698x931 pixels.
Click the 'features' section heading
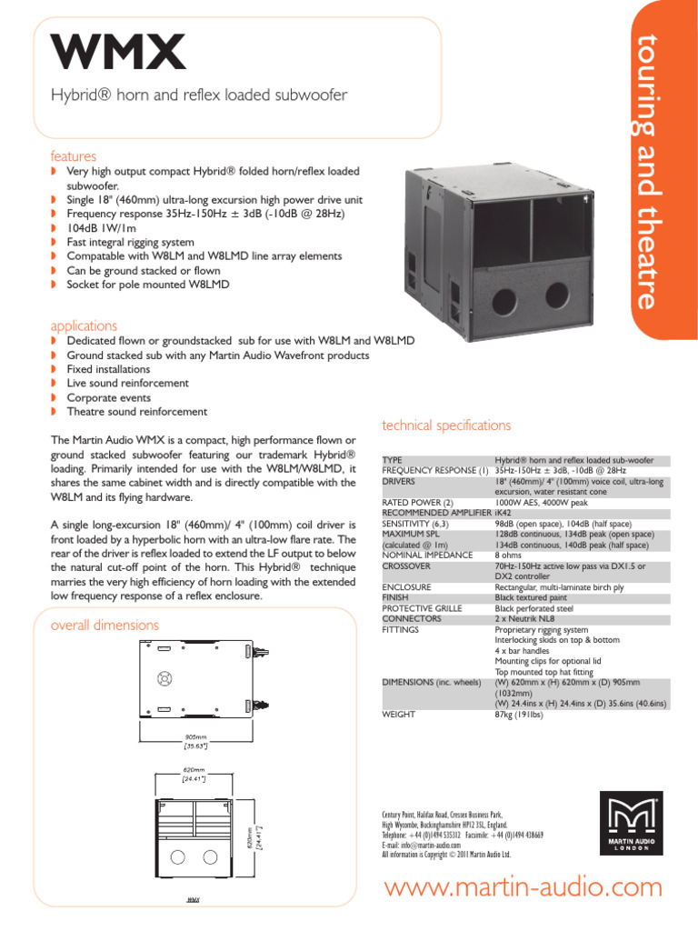[73, 155]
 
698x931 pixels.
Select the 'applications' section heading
[84, 325]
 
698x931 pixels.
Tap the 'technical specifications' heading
[446, 425]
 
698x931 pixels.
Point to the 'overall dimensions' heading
[105, 625]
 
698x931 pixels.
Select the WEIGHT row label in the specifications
[400, 715]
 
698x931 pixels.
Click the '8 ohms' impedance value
[509, 555]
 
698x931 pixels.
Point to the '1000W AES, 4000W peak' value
[541, 502]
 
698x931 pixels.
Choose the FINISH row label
[396, 598]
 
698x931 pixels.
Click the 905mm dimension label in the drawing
[196, 736]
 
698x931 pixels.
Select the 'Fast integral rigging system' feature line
[130, 242]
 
